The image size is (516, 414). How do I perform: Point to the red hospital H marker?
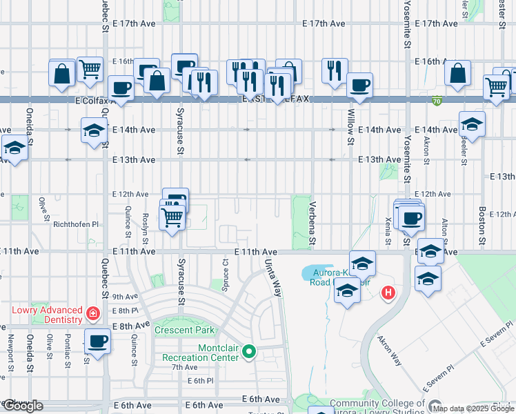pyautogui.click(x=388, y=293)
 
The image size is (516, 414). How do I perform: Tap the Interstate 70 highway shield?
pyautogui.click(x=436, y=101)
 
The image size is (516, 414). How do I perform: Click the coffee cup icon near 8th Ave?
pyautogui.click(x=97, y=341)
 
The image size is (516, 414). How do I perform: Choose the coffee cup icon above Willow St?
pyautogui.click(x=359, y=86)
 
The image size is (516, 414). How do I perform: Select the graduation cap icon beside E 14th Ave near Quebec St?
pyautogui.click(x=94, y=130)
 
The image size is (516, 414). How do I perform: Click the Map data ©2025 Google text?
pyautogui.click(x=474, y=408)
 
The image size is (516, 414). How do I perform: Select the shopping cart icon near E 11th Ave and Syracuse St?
pyautogui.click(x=172, y=217)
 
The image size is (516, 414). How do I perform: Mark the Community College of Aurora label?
pyautogui.click(x=377, y=404)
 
